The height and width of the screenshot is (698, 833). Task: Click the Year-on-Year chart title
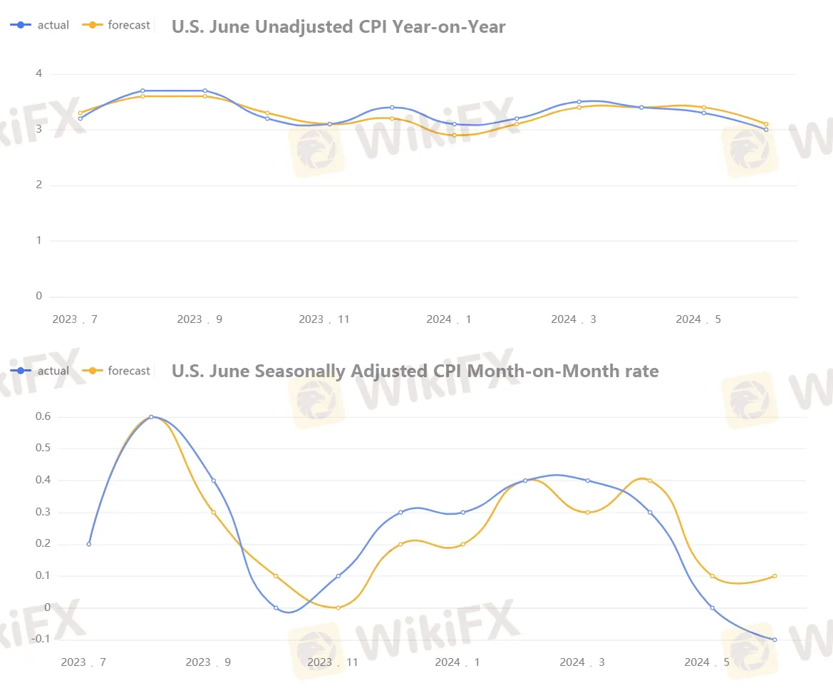click(338, 27)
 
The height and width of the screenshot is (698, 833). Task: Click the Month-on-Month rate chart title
click(415, 371)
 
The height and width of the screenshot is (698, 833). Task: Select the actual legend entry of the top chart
click(41, 25)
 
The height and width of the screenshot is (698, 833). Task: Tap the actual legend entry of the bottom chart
click(41, 371)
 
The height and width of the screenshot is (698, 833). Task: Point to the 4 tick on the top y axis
click(38, 74)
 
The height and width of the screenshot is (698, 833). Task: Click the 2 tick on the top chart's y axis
click(38, 185)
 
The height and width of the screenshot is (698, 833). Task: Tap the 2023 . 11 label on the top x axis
click(324, 319)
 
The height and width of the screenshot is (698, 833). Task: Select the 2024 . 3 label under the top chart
click(573, 319)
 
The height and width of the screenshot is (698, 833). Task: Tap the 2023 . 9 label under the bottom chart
click(208, 662)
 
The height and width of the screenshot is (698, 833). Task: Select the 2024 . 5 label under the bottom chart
click(707, 662)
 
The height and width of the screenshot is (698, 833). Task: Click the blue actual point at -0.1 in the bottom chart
click(775, 640)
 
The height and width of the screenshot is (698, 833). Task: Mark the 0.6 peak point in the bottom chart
click(151, 416)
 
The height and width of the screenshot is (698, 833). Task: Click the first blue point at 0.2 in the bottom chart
click(89, 544)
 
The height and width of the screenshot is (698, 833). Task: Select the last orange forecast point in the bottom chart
click(775, 576)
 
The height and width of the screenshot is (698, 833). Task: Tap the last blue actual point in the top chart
click(766, 130)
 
